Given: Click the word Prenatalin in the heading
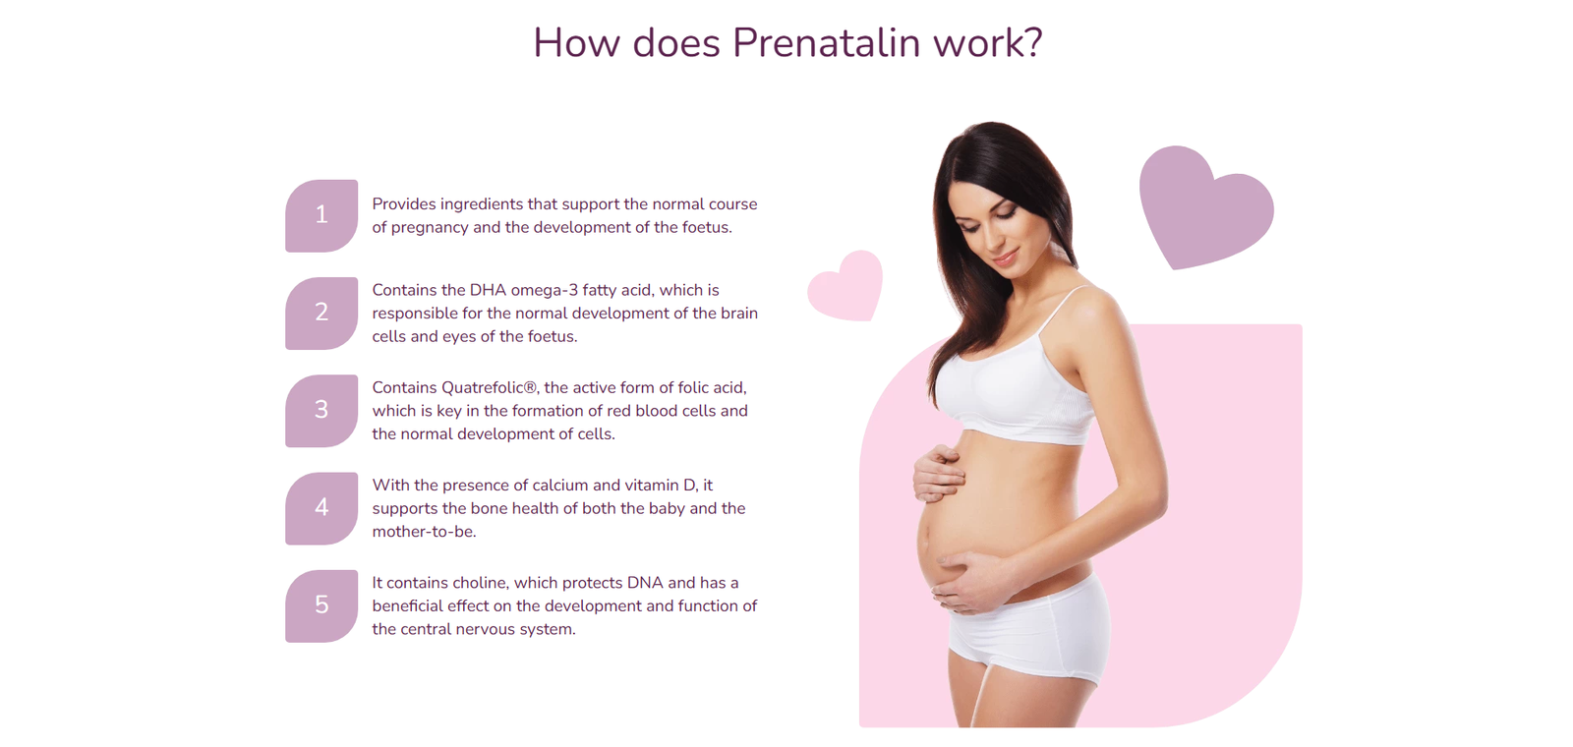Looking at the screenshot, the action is pyautogui.click(x=826, y=42).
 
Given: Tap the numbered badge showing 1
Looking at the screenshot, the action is pyautogui.click(x=321, y=215).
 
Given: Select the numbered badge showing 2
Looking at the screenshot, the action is pyautogui.click(x=321, y=314).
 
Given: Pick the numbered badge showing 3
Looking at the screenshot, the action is pyautogui.click(x=321, y=411).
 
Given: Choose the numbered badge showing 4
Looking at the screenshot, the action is pyautogui.click(x=321, y=508).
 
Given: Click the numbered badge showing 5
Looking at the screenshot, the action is pyautogui.click(x=321, y=605).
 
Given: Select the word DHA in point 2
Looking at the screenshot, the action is pyautogui.click(x=488, y=290).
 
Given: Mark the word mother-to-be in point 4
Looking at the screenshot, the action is pyautogui.click(x=424, y=532).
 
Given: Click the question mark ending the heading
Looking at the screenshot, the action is pyautogui.click(x=1033, y=42).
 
